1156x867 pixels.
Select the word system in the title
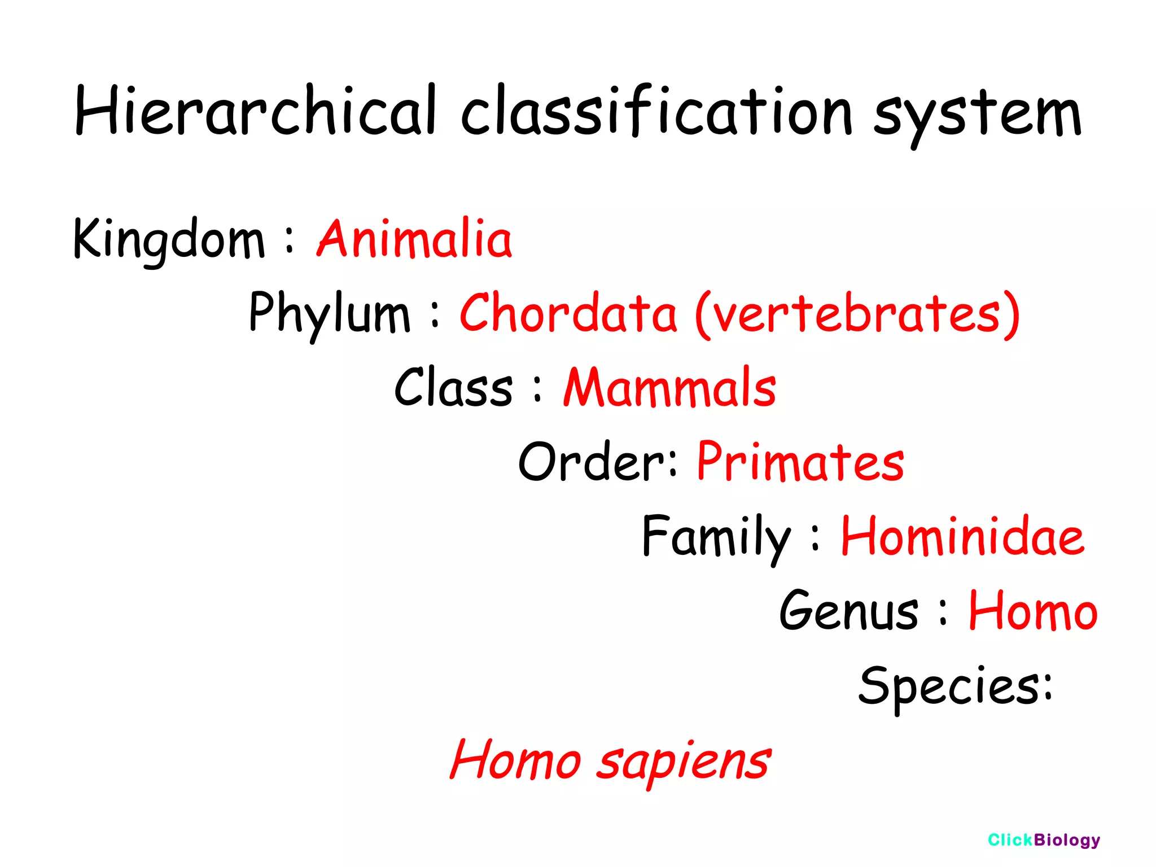point(977,116)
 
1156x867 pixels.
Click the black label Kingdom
point(169,240)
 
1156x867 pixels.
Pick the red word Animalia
point(414,239)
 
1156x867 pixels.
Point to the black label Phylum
point(329,313)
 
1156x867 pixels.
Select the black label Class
point(453,387)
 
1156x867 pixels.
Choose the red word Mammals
point(669,387)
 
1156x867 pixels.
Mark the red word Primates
point(800,462)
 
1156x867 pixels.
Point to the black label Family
point(716,536)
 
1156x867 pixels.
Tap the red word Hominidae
point(962,536)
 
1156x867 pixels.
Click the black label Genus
point(848,611)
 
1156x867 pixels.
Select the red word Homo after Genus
point(1033,611)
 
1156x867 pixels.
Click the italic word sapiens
point(683,762)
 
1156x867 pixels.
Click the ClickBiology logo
point(1044,840)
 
